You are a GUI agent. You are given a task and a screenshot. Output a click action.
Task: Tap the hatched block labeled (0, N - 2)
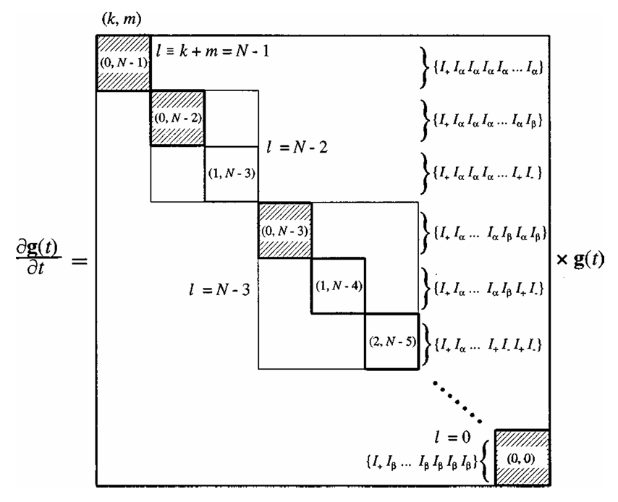pos(177,118)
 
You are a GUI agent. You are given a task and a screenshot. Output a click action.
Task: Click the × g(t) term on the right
pos(582,258)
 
